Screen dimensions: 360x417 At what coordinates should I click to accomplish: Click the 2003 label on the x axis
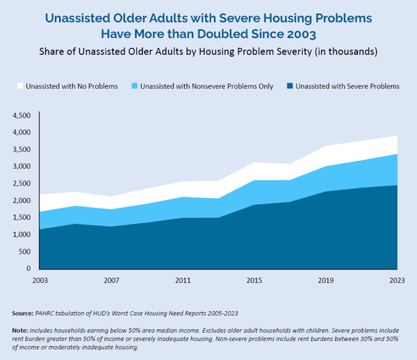[40, 281]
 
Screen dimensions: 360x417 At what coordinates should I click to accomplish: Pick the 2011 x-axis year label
[183, 281]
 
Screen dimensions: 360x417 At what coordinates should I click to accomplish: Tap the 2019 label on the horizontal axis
[326, 281]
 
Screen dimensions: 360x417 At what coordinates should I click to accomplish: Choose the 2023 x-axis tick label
[397, 281]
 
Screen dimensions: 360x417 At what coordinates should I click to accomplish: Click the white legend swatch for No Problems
[19, 86]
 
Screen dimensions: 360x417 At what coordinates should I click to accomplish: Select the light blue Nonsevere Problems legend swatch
[133, 86]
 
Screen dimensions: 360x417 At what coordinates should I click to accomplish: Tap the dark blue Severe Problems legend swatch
[288, 86]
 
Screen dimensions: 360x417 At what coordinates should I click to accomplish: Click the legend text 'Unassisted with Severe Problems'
[347, 86]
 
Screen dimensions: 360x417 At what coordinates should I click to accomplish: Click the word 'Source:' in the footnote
[25, 313]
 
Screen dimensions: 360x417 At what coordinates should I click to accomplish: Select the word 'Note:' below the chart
[22, 330]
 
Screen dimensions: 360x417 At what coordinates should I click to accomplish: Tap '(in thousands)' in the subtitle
[342, 51]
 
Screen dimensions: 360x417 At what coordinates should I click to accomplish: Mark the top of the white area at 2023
[397, 136]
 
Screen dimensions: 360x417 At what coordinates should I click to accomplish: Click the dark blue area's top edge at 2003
[40, 229]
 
